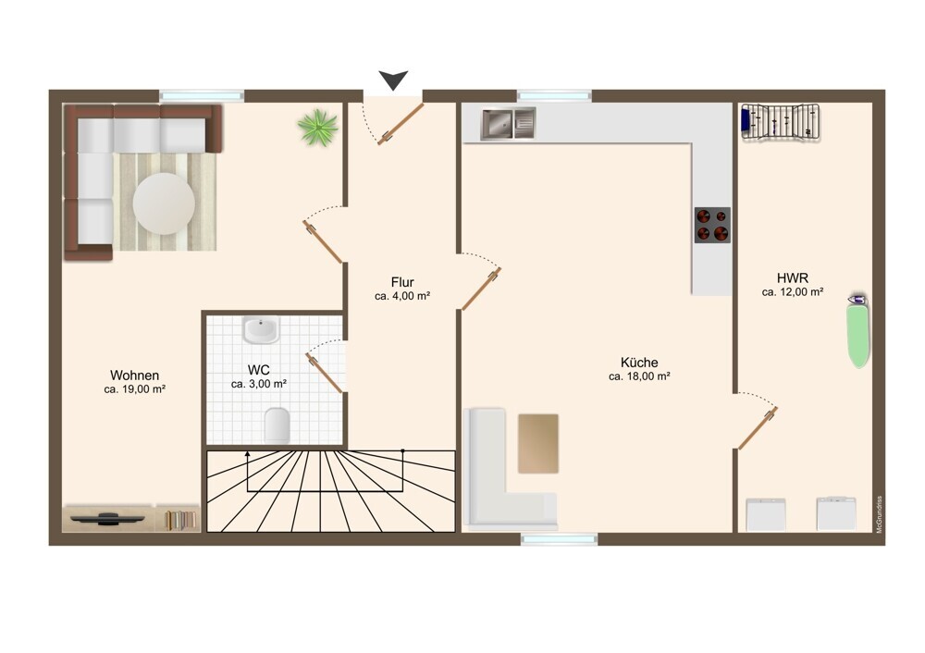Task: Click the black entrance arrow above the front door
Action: [393, 80]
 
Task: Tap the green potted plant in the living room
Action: [318, 127]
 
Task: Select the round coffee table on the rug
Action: [164, 203]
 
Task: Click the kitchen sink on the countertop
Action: [508, 124]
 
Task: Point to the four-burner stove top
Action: [712, 225]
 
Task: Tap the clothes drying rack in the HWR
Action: [781, 122]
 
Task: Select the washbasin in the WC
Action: [261, 330]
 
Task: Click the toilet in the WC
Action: [277, 425]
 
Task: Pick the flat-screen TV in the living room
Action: [107, 519]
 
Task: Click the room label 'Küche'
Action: [639, 363]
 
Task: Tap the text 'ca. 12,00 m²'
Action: [793, 292]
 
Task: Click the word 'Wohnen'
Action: [134, 376]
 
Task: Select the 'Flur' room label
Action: [402, 282]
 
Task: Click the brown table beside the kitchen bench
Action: [538, 444]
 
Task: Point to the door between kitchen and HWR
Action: [758, 428]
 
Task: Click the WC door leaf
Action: [324, 372]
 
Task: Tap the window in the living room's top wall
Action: [202, 95]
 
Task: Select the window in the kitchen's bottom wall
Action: [560, 539]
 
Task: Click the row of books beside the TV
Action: [180, 520]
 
